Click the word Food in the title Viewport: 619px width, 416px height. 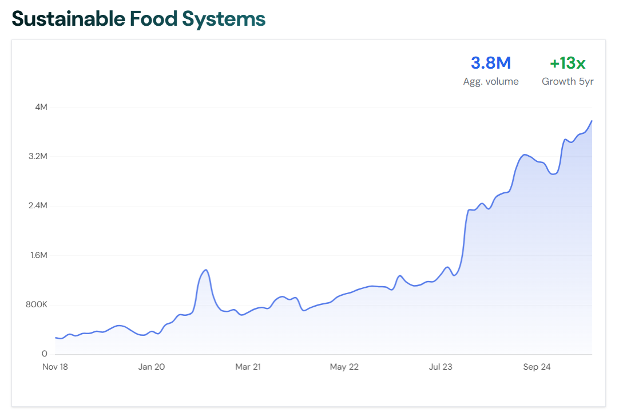[146, 19]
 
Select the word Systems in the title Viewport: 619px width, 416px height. [224, 19]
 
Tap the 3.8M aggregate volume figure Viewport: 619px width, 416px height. [490, 63]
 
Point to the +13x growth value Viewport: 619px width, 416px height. [568, 63]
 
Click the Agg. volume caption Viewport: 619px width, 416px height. [490, 81]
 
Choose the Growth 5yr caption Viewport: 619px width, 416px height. [568, 81]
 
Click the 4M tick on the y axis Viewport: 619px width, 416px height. [41, 107]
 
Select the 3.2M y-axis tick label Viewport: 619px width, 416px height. [38, 156]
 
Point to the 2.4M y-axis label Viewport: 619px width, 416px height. [38, 206]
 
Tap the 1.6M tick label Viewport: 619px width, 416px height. [38, 255]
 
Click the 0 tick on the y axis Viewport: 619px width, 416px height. [45, 354]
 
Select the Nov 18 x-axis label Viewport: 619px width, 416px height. [55, 367]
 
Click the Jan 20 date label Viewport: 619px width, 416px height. [152, 367]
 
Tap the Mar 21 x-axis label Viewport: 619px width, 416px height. [248, 367]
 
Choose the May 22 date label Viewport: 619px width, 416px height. [344, 367]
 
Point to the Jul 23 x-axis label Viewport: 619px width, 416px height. [440, 367]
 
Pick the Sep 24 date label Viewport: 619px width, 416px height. [537, 367]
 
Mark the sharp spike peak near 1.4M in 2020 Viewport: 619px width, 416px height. [205, 270]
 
